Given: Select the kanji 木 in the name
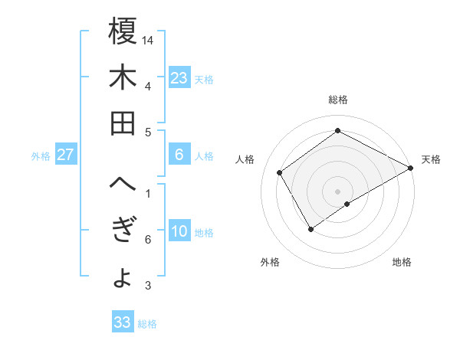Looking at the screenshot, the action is [123, 77].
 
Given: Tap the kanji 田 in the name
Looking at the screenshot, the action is [123, 123].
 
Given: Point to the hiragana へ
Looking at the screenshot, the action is [123, 185].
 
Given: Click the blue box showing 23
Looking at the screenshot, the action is [179, 77].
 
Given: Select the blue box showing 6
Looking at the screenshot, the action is [179, 155].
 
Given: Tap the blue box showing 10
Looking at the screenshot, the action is [179, 232].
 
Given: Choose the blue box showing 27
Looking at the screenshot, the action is [66, 155].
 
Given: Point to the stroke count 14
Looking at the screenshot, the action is [149, 38].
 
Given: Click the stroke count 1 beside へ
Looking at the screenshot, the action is [147, 193].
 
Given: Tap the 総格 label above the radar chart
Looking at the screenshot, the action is [337, 100].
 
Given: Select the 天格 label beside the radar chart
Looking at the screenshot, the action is [431, 159].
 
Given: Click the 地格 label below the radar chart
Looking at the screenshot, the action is [402, 262].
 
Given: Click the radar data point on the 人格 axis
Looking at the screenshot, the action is [280, 172].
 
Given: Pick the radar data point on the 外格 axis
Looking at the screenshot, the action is [310, 228].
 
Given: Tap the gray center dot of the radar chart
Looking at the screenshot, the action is [337, 190].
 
